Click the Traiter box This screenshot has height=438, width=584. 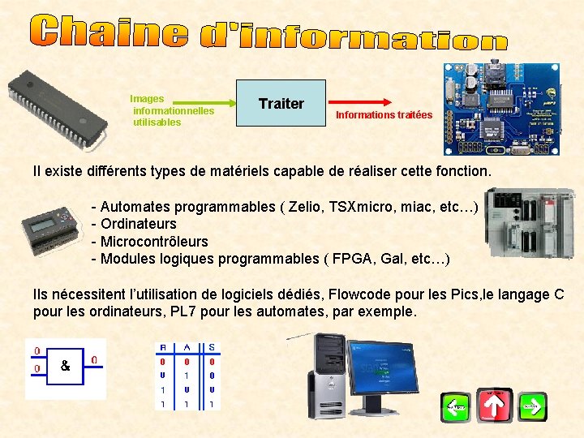[x=281, y=104]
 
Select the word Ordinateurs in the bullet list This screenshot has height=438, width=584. [x=138, y=224]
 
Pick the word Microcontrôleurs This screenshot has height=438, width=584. [x=154, y=242]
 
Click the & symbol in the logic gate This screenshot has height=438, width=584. [x=66, y=366]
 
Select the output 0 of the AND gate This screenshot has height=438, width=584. [x=94, y=359]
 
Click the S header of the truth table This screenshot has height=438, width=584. [x=211, y=347]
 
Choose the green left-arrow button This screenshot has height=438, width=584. [x=455, y=406]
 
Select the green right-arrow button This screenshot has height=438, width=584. [x=532, y=406]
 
